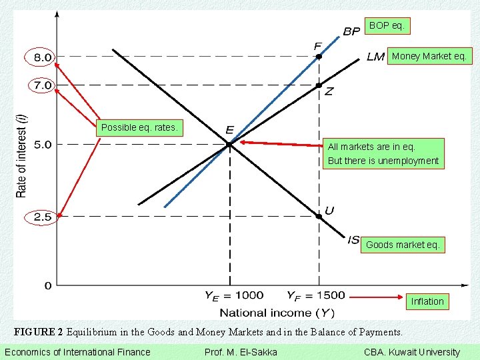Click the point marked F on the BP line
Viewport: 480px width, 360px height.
coord(319,57)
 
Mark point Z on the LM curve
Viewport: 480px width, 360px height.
coord(319,85)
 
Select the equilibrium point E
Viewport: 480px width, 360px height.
coord(229,143)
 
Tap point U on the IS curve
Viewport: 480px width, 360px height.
coord(319,215)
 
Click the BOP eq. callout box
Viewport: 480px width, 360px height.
coord(387,26)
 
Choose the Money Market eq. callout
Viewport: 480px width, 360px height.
coord(429,56)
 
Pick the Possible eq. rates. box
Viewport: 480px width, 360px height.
coord(139,127)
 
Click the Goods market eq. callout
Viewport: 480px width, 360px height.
coord(403,245)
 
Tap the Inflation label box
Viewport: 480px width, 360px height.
coord(427,301)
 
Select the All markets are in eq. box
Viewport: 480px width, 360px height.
coord(383,154)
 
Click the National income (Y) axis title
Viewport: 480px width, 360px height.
coord(277,312)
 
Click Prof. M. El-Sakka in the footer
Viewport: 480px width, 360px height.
coord(240,352)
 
